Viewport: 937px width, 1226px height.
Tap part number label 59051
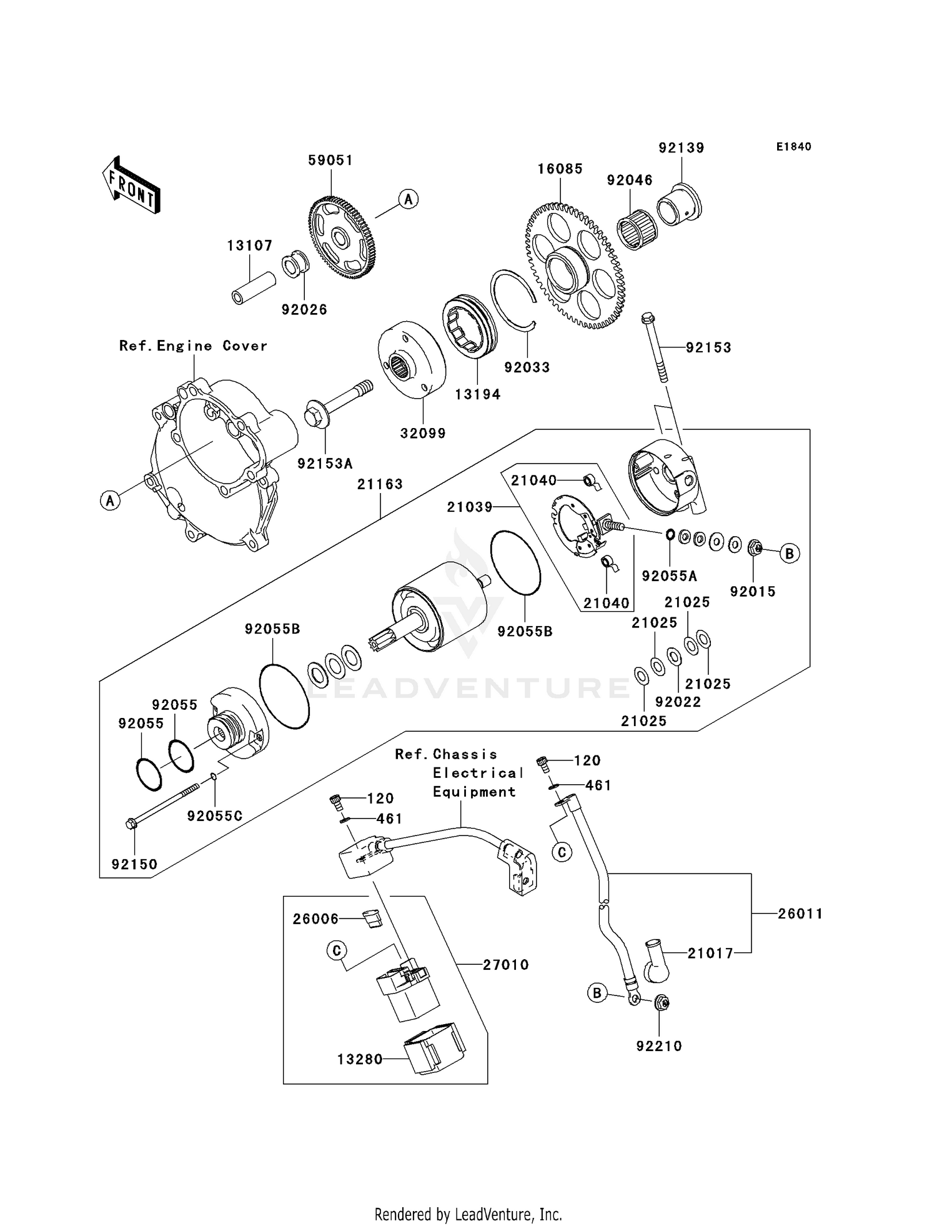point(330,161)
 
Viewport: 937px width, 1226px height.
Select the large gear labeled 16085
point(575,266)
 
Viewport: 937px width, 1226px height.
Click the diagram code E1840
point(793,147)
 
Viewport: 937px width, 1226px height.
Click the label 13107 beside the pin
point(249,246)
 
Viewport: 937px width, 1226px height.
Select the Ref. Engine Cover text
point(193,346)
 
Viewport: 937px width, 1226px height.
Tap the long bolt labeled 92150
point(162,805)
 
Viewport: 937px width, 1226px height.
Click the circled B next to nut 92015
point(790,553)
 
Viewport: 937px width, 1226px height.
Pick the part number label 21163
point(380,484)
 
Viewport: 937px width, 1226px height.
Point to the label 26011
point(800,914)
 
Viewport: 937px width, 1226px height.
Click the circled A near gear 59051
point(408,199)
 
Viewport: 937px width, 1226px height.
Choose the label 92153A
point(325,464)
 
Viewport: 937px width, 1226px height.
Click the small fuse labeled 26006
point(372,919)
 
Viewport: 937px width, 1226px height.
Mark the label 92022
point(678,702)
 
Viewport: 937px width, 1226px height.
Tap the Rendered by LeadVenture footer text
point(468,1214)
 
